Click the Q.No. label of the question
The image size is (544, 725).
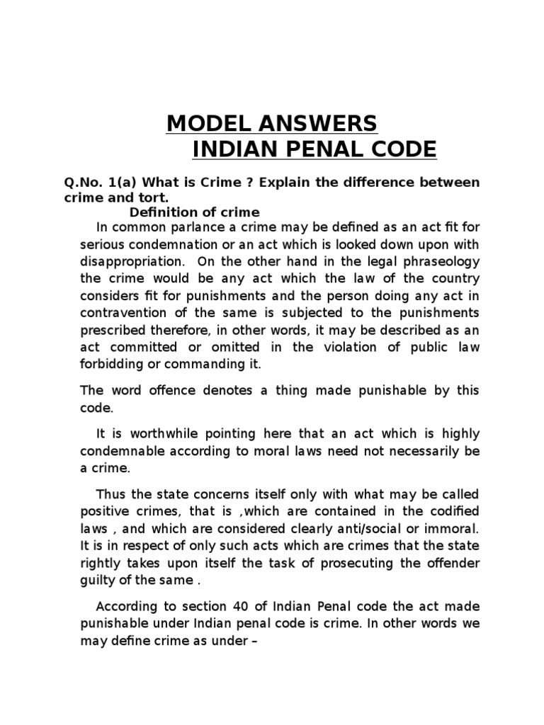click(x=84, y=183)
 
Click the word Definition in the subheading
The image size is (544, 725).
click(x=160, y=212)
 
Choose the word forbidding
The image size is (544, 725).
click(x=113, y=365)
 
